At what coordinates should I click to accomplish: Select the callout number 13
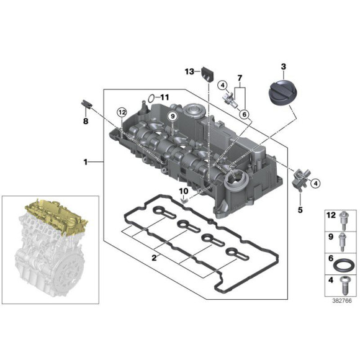[x=189, y=72]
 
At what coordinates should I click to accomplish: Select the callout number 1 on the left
[x=86, y=163]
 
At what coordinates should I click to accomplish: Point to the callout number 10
[x=183, y=191]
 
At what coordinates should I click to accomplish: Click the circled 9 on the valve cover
[x=172, y=115]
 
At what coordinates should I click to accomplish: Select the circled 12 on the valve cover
[x=122, y=112]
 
